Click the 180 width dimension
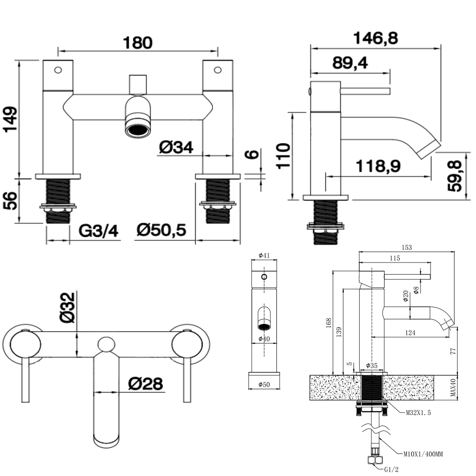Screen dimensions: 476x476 tap(138, 43)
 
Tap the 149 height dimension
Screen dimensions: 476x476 tap(11, 120)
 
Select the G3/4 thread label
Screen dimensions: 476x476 tap(98, 231)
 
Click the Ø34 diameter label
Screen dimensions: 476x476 tap(176, 148)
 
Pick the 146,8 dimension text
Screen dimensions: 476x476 tap(375, 38)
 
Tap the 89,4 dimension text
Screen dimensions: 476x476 tap(350, 63)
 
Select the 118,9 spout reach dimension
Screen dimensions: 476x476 tap(378, 166)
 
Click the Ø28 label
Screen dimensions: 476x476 tap(145, 383)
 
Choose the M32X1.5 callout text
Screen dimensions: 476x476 tap(418, 413)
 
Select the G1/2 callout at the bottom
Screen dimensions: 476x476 tap(391, 469)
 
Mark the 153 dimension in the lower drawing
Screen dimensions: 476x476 tap(407, 248)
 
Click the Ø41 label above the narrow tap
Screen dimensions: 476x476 tap(264, 255)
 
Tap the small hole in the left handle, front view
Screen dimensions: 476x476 tap(58, 70)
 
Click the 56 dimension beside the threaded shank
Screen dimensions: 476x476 tap(11, 201)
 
